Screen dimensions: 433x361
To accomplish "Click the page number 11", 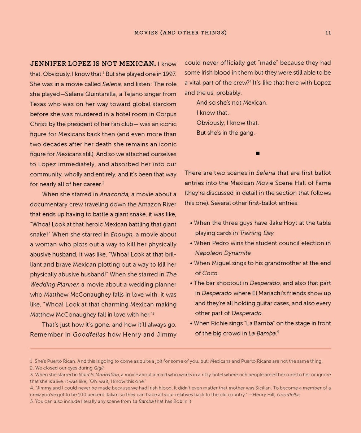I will tap(328, 32).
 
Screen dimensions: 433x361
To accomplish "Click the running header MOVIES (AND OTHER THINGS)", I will tap(180, 32).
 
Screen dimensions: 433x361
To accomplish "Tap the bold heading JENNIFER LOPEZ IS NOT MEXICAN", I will tap(93, 64).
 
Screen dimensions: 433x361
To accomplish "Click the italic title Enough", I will tap(121, 234).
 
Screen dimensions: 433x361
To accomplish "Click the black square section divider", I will tap(257, 153).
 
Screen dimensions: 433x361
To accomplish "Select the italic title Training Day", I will tap(257, 233).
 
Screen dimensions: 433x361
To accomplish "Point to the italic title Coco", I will tap(210, 273).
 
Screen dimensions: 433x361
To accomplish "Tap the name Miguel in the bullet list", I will tap(221, 263).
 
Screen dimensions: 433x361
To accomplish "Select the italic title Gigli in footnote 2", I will tap(98, 368).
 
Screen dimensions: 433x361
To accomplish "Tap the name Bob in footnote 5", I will tap(175, 401).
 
